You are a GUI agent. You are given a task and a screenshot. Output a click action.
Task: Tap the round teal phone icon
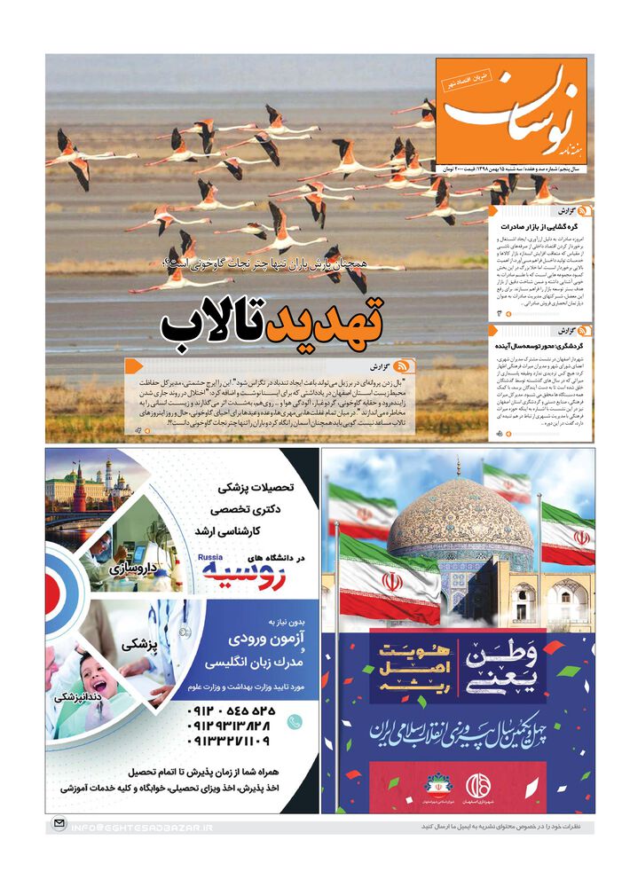[x=295, y=721]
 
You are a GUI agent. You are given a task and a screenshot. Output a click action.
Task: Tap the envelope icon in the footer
[x=59, y=824]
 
